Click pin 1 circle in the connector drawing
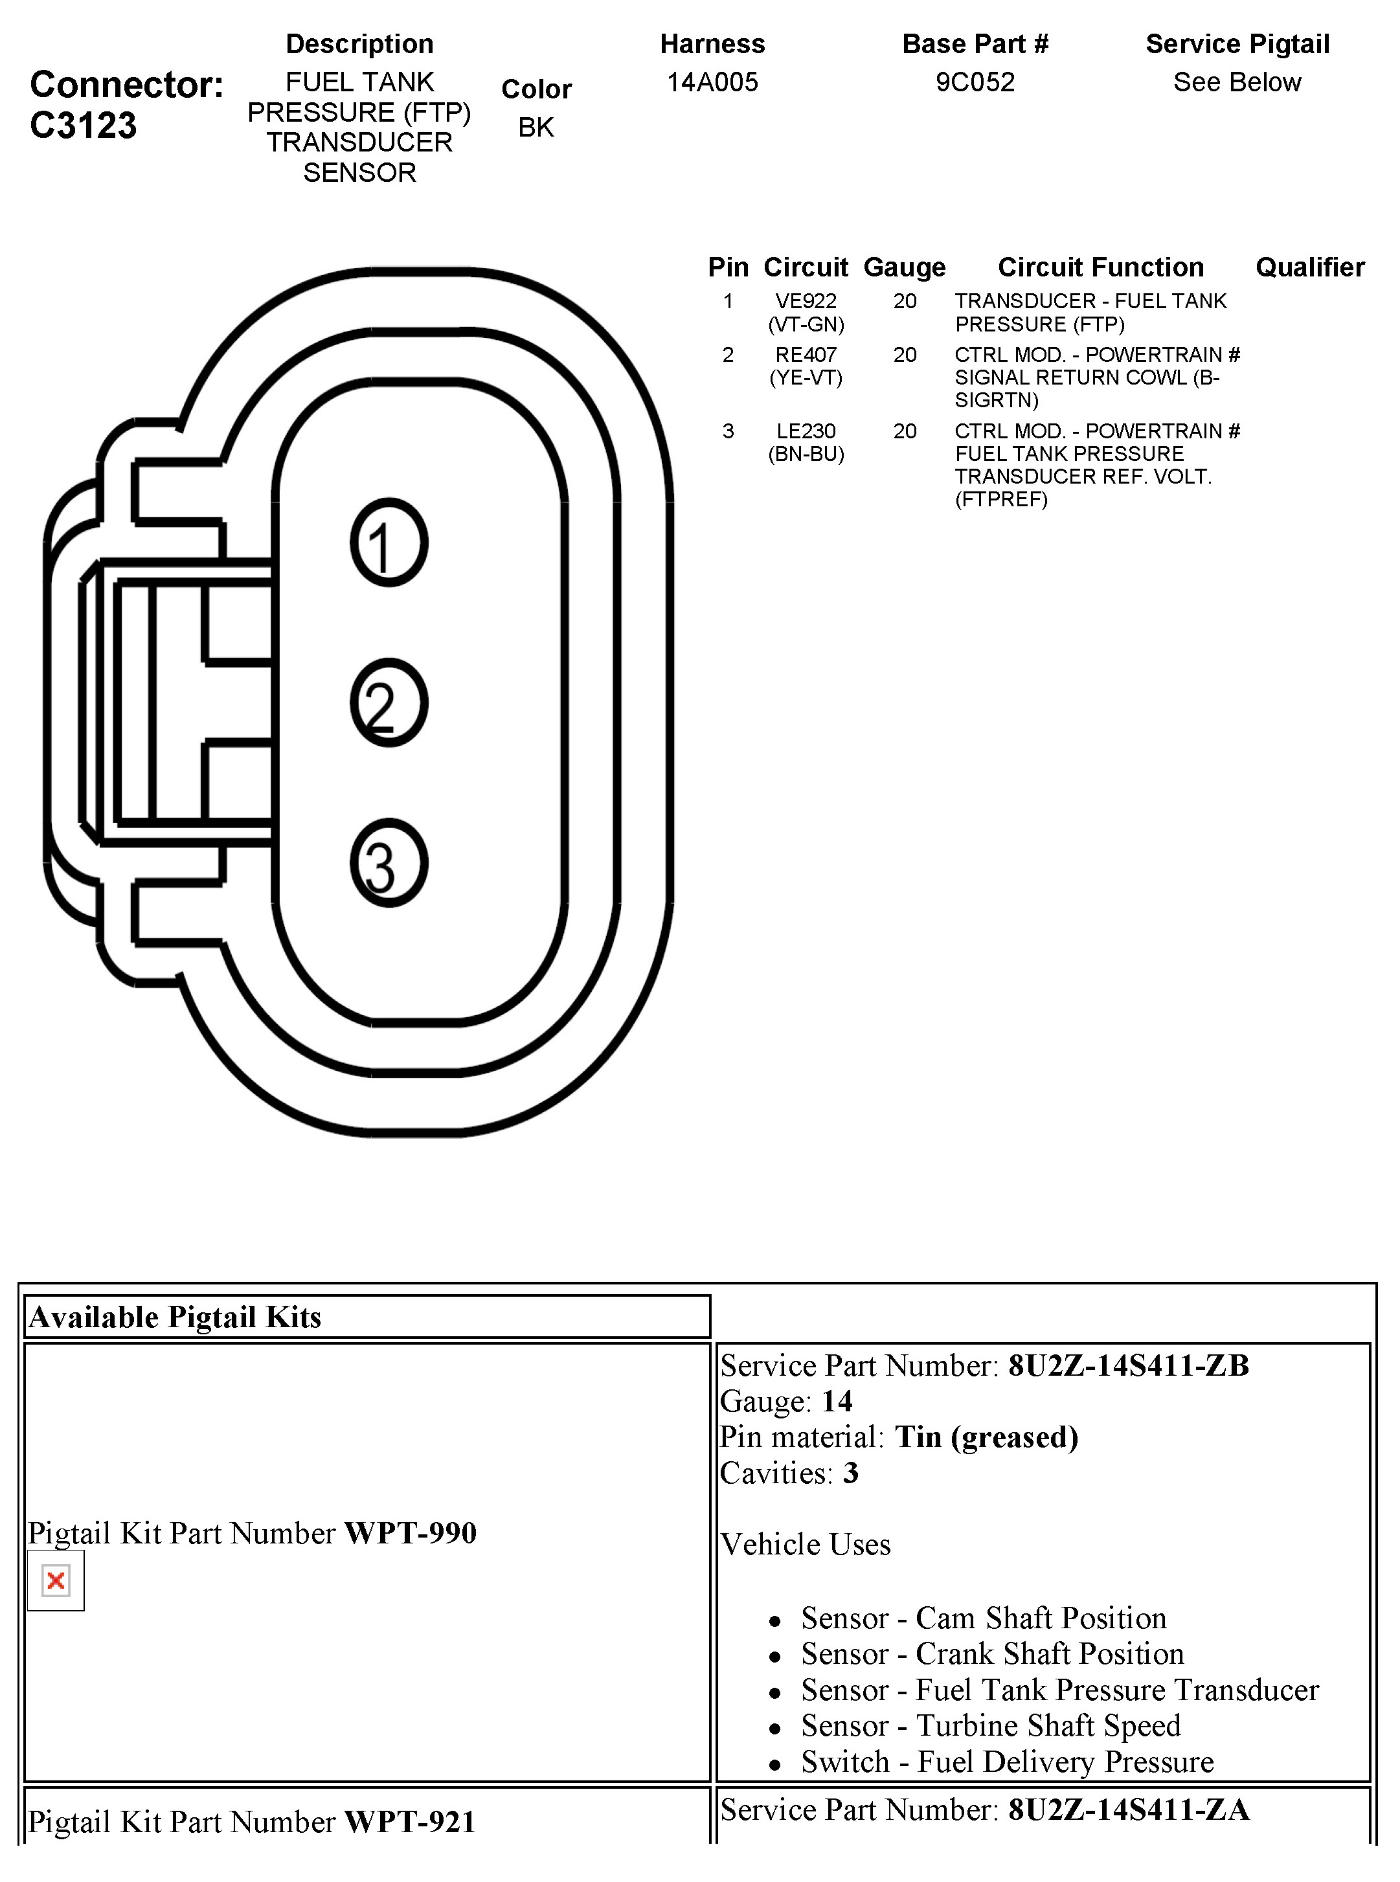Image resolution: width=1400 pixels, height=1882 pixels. point(389,543)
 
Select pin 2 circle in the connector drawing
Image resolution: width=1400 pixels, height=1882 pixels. point(389,702)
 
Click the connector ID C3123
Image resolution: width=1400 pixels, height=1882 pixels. point(83,126)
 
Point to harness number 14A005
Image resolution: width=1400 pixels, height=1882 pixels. point(712,82)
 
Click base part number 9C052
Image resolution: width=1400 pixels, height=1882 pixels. point(975,82)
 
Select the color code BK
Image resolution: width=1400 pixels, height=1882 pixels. point(536,127)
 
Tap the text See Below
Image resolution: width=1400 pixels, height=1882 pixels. point(1236,82)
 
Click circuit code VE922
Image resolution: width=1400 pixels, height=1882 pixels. point(806,301)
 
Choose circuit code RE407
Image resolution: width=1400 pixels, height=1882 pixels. point(806,354)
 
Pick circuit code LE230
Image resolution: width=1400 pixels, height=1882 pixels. point(806,431)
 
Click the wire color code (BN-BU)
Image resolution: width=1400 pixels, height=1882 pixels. point(806,454)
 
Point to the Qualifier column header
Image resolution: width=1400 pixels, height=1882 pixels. point(1309,267)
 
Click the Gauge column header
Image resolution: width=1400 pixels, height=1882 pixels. point(904,267)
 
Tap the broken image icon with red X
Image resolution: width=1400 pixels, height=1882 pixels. point(56,1580)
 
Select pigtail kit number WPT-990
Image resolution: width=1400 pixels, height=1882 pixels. point(410,1533)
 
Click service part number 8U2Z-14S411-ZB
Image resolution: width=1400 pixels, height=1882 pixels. point(1128,1365)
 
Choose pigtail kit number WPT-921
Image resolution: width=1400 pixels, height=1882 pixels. point(410,1821)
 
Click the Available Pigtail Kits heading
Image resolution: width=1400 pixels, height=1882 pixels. point(175,1317)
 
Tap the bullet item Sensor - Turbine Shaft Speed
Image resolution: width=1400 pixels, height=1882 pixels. point(991,1725)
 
